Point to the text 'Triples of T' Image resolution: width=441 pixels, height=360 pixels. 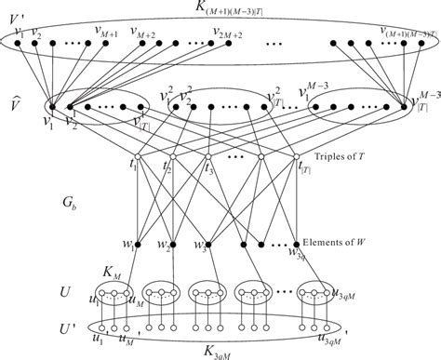pyautogui.click(x=353, y=159)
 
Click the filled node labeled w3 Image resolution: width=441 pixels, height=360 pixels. pyautogui.click(x=207, y=246)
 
